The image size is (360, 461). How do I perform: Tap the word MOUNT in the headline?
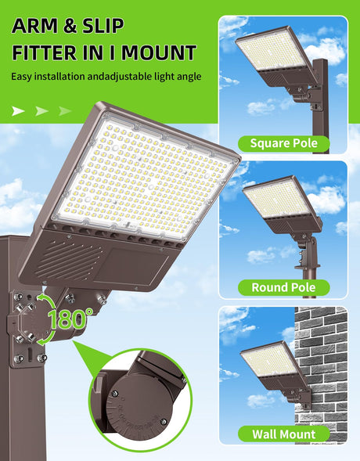tap(159, 52)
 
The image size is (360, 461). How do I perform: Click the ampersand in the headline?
tap(70, 26)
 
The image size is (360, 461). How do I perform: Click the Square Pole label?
tap(284, 143)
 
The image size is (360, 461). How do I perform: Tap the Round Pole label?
tap(283, 287)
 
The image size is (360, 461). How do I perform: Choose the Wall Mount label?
tap(283, 434)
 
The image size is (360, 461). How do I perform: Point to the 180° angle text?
tap(70, 319)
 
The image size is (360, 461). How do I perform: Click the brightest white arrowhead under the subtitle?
tap(18, 111)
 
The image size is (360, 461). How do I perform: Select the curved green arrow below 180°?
tap(49, 336)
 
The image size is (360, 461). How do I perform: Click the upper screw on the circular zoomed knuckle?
tap(115, 393)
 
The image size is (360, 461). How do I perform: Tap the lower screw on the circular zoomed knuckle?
tap(164, 422)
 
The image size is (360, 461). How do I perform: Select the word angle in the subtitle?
tap(189, 77)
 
